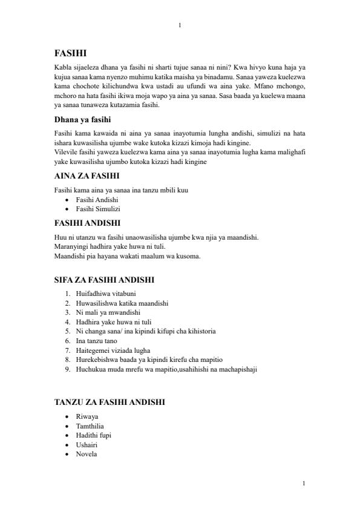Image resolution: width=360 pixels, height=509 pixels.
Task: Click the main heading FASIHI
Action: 70,53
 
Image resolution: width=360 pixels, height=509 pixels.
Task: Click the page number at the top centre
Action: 180,25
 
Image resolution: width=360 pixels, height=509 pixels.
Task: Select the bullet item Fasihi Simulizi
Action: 98,209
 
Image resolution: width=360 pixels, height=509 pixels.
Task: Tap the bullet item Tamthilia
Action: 91,426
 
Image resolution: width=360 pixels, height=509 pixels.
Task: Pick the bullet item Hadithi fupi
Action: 93,435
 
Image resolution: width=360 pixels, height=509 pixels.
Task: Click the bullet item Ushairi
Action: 87,445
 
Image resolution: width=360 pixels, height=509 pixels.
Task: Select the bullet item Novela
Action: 87,454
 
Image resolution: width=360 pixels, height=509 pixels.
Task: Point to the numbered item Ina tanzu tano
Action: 97,340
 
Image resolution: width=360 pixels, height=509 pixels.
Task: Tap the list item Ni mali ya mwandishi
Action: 107,312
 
